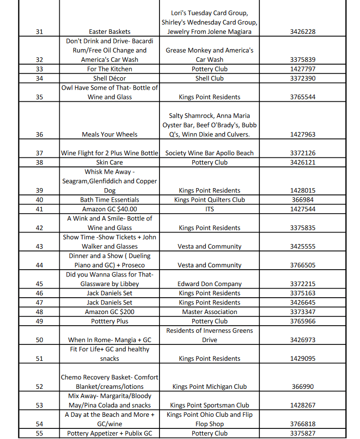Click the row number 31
(x=40, y=32)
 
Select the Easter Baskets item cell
(x=109, y=32)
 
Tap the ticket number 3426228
(x=303, y=32)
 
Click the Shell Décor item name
(x=109, y=78)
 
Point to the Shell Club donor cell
(x=209, y=78)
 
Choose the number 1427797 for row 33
(x=303, y=69)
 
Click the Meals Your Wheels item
(x=109, y=135)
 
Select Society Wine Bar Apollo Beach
(x=209, y=153)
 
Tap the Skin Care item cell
(x=109, y=163)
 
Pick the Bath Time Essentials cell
(x=109, y=200)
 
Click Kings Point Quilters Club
(x=209, y=200)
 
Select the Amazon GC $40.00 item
(x=109, y=209)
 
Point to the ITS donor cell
(x=209, y=209)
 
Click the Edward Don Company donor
(x=209, y=284)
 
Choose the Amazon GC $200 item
(x=109, y=312)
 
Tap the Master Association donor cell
(x=209, y=312)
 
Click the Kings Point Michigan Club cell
(x=209, y=387)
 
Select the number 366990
(x=303, y=387)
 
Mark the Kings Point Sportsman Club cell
(x=209, y=406)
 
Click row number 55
(x=40, y=434)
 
